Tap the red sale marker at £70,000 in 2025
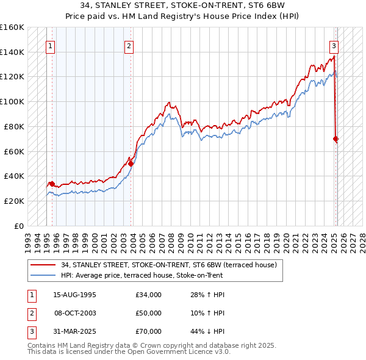336,139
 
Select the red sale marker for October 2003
131,164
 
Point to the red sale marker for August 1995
52,184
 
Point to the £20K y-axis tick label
14,201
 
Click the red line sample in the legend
42,265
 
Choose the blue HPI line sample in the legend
42,275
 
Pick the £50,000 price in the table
149,313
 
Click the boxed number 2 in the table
30,313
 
